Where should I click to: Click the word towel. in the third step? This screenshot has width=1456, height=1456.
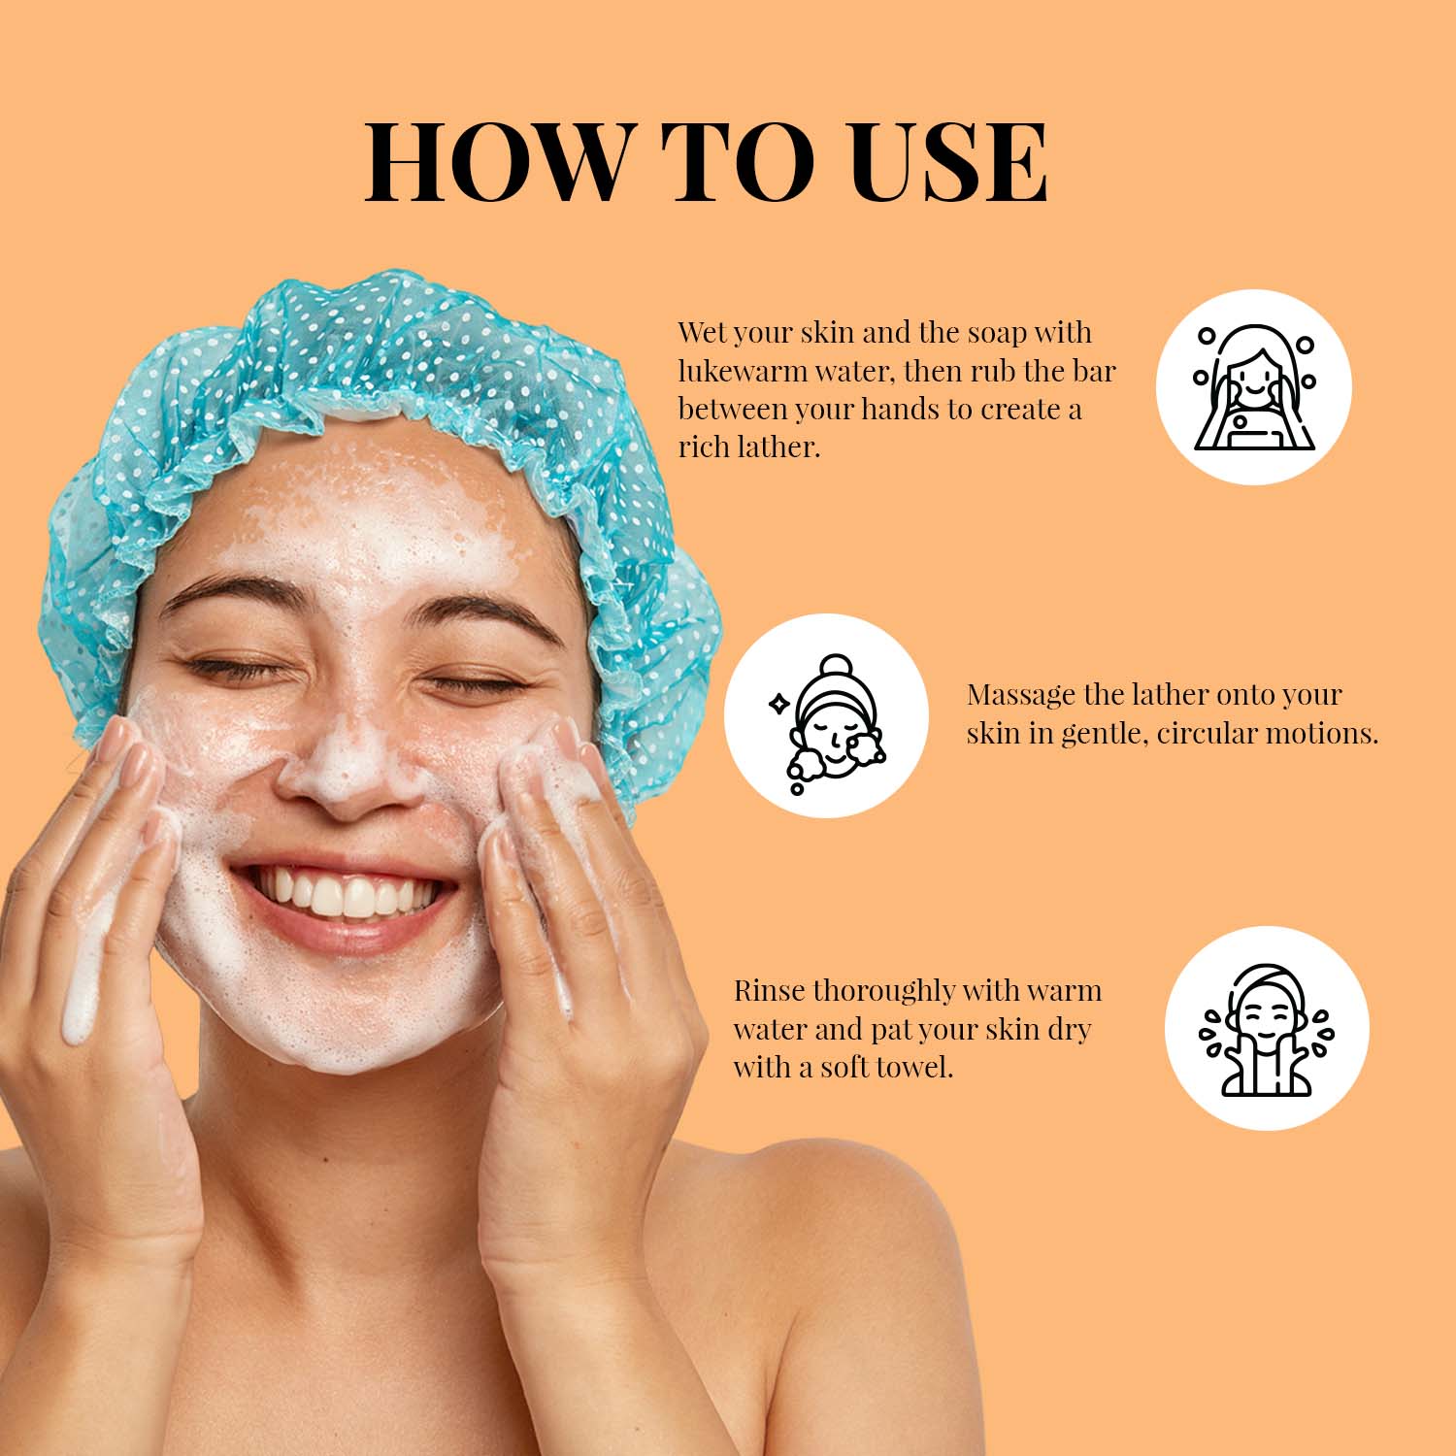[x=914, y=1068]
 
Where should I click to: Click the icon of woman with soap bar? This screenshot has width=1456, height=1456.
[x=1254, y=386]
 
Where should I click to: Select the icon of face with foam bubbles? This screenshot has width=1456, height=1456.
[x=825, y=715]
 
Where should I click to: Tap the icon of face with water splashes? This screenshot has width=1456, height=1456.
[x=1267, y=1029]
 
